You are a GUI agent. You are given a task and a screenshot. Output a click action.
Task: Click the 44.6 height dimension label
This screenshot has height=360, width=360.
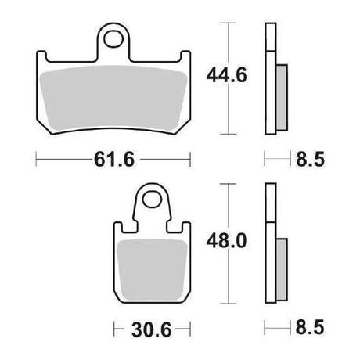(x=226, y=75)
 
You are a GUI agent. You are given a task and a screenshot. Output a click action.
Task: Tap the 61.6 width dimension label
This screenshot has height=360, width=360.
(x=114, y=159)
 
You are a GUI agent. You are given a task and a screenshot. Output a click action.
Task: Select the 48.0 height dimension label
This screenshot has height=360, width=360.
(x=226, y=241)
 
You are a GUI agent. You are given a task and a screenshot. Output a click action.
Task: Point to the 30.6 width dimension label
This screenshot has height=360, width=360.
(x=151, y=329)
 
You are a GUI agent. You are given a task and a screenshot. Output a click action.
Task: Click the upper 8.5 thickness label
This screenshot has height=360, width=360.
(x=310, y=159)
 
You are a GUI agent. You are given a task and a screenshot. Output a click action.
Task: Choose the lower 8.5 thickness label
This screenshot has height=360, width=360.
(x=310, y=327)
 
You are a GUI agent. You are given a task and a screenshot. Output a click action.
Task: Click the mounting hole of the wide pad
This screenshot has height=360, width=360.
(x=113, y=39)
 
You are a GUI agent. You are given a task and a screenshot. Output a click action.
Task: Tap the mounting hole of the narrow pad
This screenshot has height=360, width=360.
(x=152, y=200)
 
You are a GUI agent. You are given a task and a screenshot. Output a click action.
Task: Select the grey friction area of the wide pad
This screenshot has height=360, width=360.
(x=113, y=98)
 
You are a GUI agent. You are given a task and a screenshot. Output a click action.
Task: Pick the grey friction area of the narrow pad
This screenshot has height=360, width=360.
(x=153, y=269)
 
